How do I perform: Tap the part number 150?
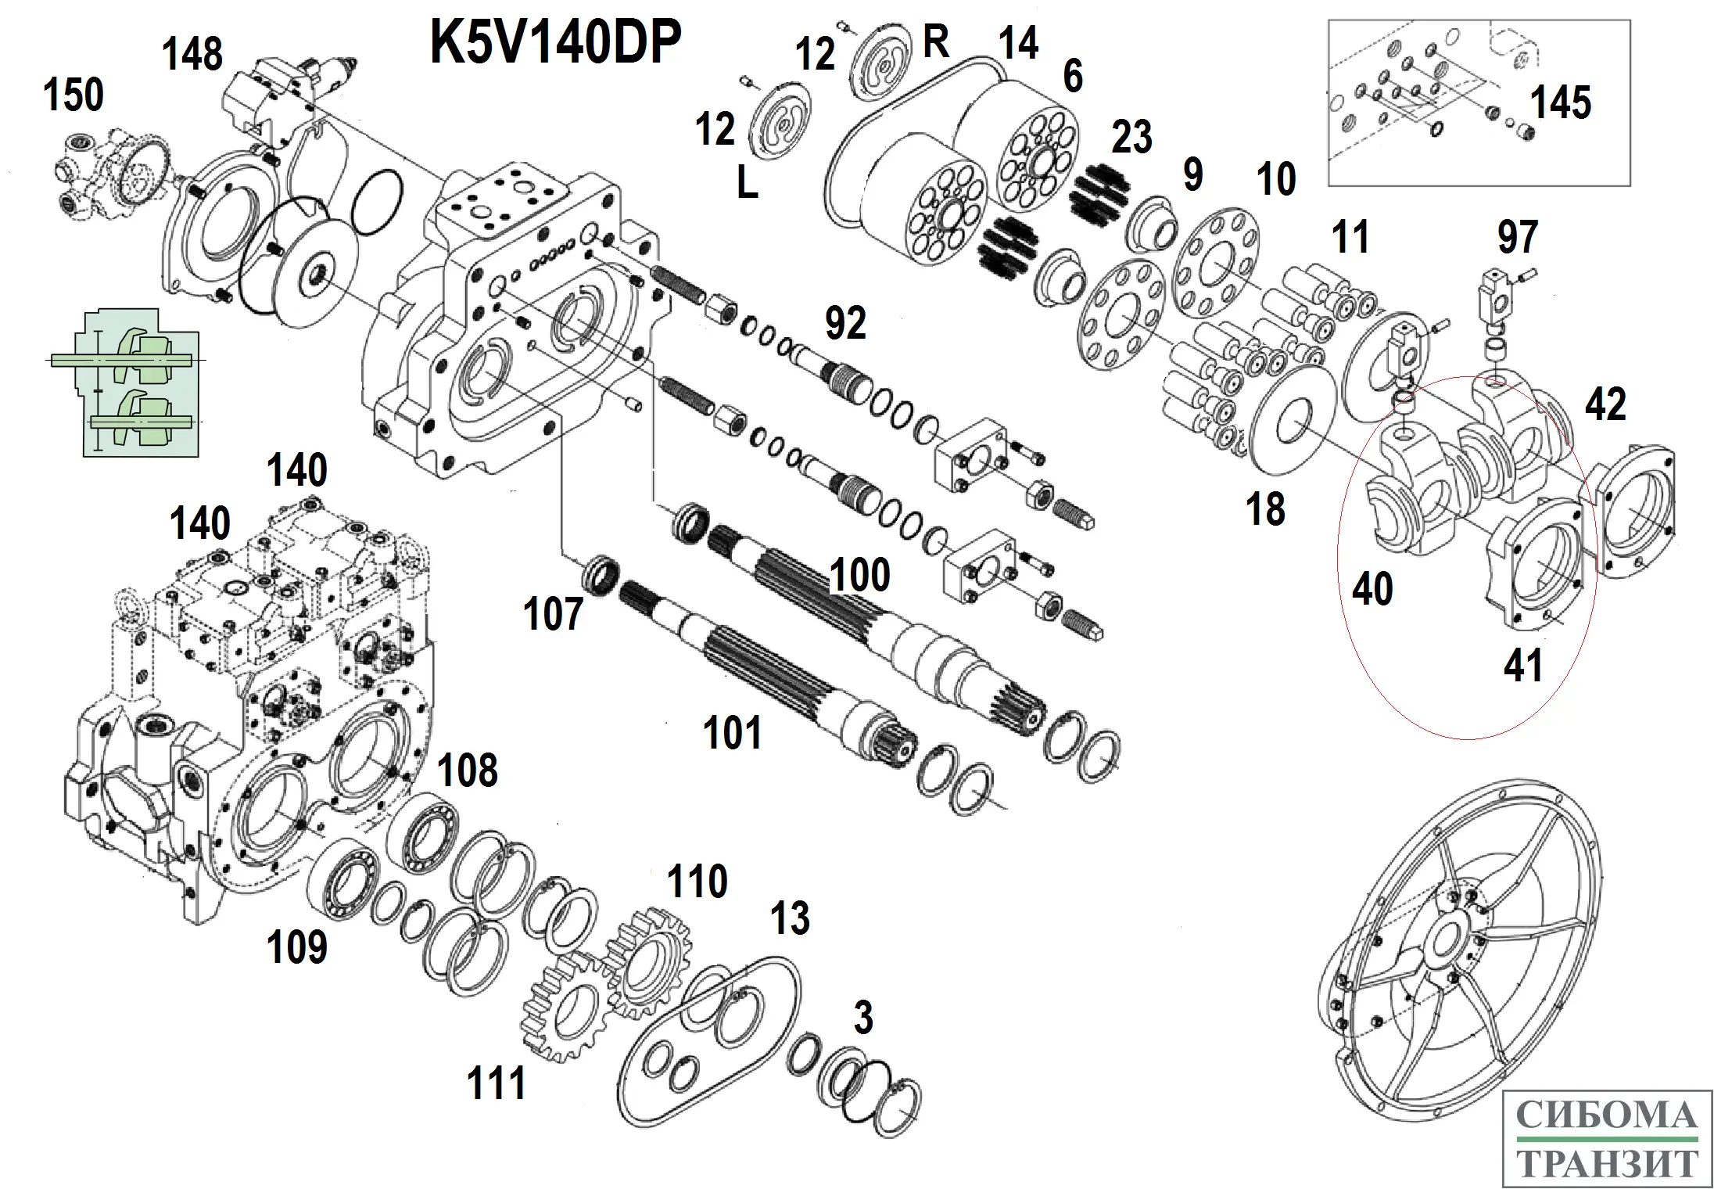tap(74, 95)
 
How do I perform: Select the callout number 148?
tap(192, 54)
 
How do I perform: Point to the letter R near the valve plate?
tap(936, 41)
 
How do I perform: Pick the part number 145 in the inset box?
tap(1560, 102)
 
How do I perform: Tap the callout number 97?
tap(1518, 237)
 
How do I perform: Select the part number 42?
tap(1605, 404)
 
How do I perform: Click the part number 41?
tap(1524, 666)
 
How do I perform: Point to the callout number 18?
tap(1265, 509)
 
